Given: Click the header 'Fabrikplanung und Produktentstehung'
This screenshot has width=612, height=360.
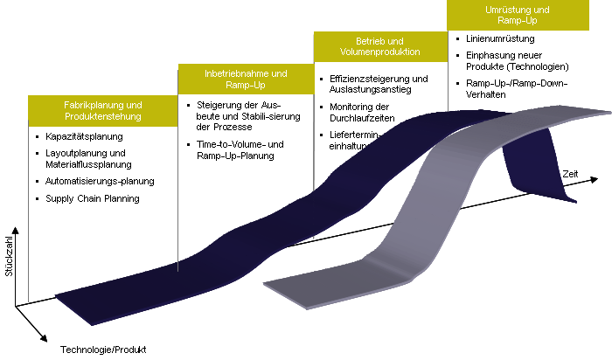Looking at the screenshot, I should click(102, 110).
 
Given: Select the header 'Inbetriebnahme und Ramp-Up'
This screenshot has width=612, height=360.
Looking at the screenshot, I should click(245, 79).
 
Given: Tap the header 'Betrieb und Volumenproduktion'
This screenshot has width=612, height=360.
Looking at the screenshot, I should click(379, 47).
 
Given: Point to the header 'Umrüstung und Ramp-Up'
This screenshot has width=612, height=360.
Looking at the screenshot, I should click(517, 15).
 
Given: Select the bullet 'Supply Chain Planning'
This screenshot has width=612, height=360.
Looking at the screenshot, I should click(93, 198).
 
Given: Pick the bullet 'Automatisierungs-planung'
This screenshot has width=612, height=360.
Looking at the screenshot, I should click(101, 182).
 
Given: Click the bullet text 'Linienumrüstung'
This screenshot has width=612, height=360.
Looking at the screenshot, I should click(501, 39).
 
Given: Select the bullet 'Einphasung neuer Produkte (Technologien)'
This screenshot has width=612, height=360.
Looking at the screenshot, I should click(518, 61).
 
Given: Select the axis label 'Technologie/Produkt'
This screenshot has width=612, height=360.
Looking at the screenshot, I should click(97, 350).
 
